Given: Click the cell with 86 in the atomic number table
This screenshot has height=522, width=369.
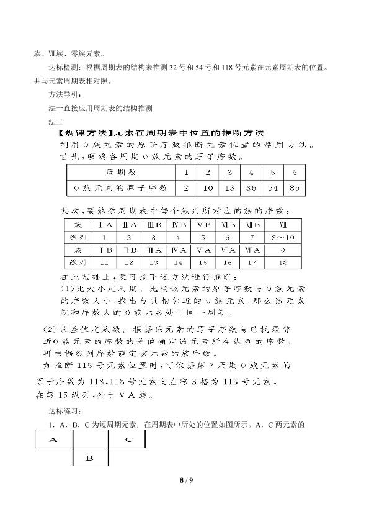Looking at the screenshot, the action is tap(294, 187).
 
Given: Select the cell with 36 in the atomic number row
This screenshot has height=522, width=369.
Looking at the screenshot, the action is tap(251, 187).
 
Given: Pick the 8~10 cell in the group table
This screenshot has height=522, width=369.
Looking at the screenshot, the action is tap(282, 236).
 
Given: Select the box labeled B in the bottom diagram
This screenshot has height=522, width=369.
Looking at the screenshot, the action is tap(91, 458).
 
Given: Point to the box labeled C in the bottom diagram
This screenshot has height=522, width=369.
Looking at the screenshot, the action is tap(127, 440).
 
